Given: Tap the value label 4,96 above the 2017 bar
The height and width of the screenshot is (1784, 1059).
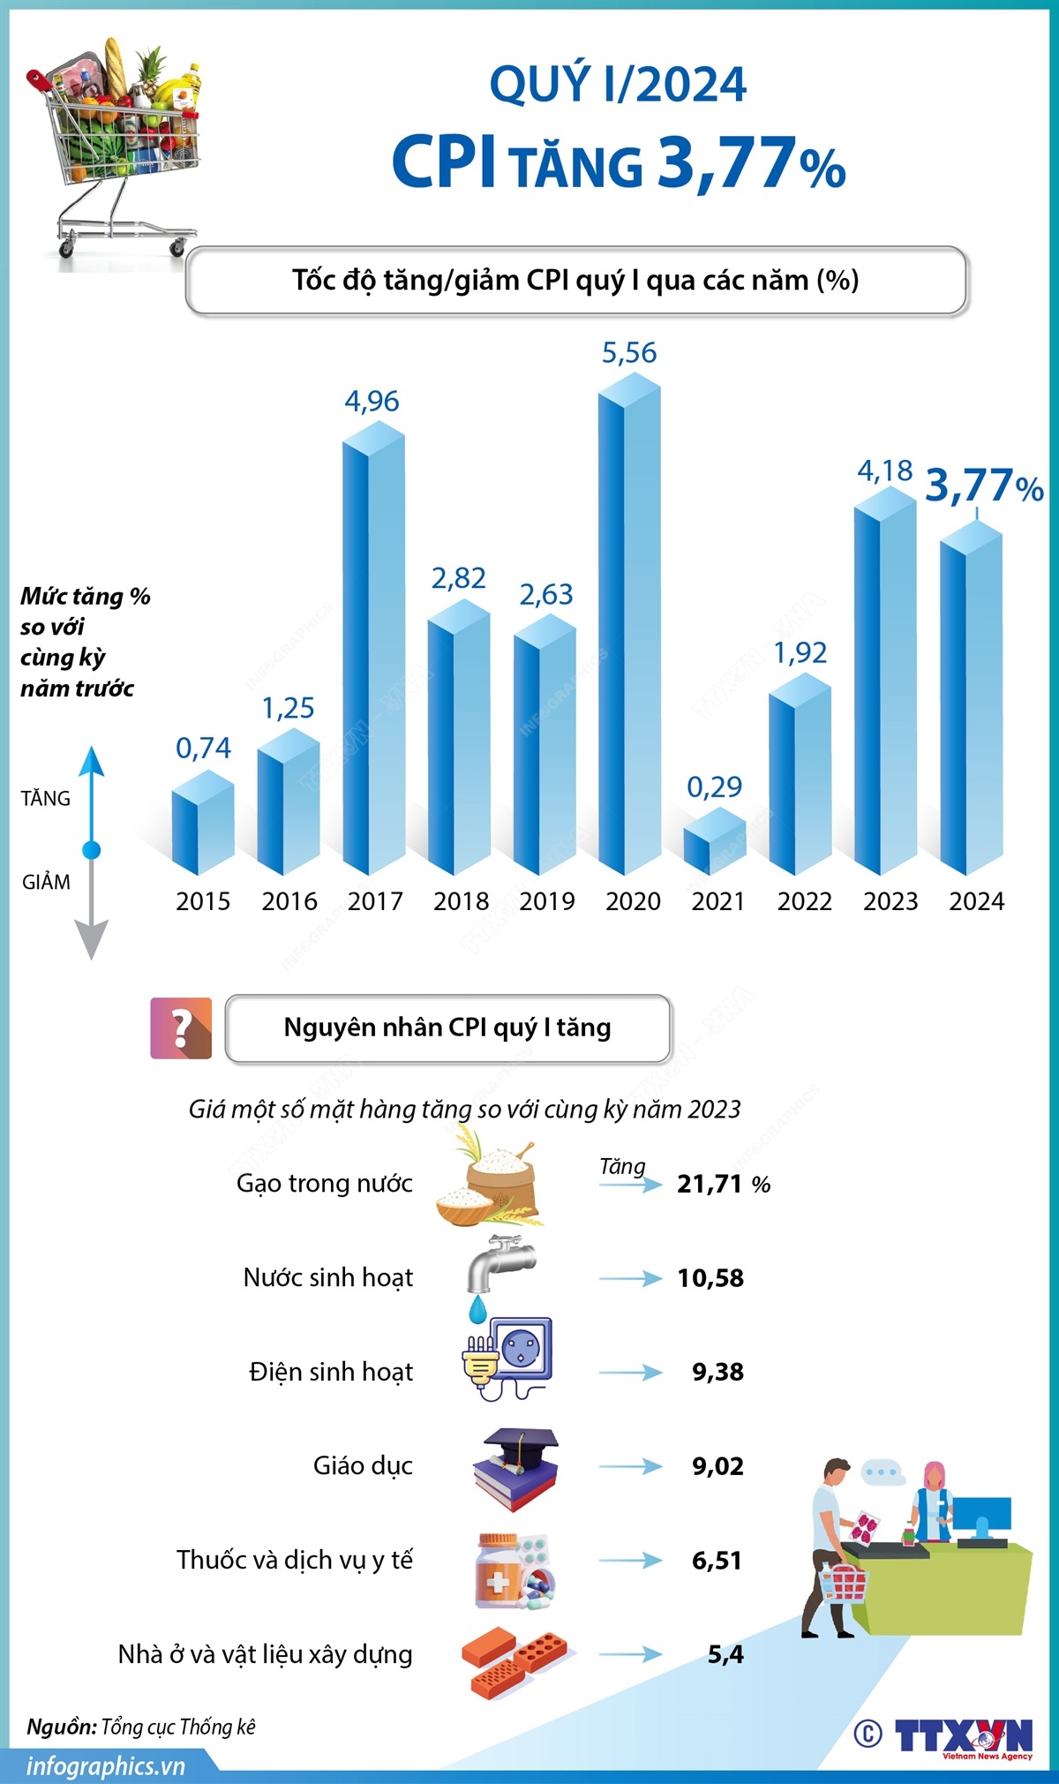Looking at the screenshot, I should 372,402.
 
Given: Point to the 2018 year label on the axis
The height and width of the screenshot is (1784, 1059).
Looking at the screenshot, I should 461,901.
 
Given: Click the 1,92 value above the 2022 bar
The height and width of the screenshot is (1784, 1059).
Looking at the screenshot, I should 800,653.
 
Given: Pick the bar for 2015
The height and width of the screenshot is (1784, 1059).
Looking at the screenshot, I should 203,825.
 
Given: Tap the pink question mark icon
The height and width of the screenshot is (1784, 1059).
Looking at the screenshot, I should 181,1028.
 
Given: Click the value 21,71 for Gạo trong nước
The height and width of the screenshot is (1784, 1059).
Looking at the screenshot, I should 710,1184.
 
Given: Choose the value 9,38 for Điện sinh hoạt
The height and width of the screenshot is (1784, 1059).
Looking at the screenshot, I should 717,1372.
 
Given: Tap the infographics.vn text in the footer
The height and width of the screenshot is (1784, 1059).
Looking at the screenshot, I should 106,1766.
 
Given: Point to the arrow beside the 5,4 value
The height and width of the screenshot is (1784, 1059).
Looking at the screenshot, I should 630,1654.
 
